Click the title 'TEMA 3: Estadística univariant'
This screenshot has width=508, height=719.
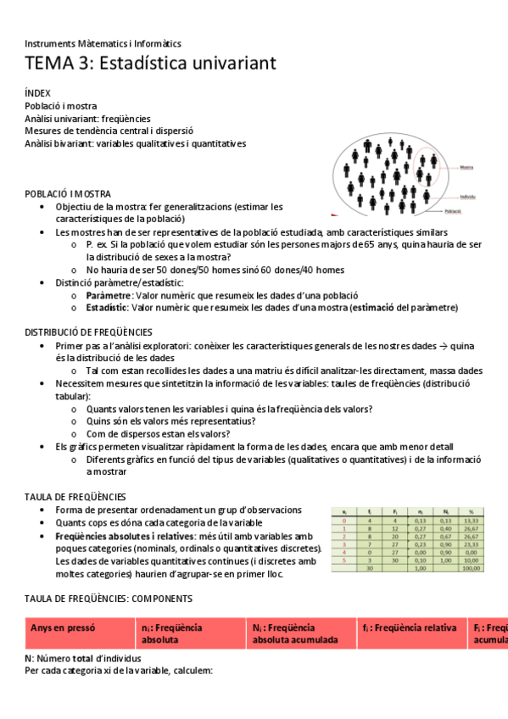150,64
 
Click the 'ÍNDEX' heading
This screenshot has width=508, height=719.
37,93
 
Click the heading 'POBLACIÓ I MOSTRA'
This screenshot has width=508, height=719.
68,194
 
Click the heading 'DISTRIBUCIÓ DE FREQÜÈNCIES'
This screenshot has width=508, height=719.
88,332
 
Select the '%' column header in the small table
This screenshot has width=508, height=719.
471,512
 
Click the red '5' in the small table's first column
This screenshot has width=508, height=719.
343,560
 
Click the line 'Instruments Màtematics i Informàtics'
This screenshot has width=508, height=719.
103,43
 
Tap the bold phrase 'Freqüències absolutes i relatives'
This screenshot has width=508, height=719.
124,537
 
